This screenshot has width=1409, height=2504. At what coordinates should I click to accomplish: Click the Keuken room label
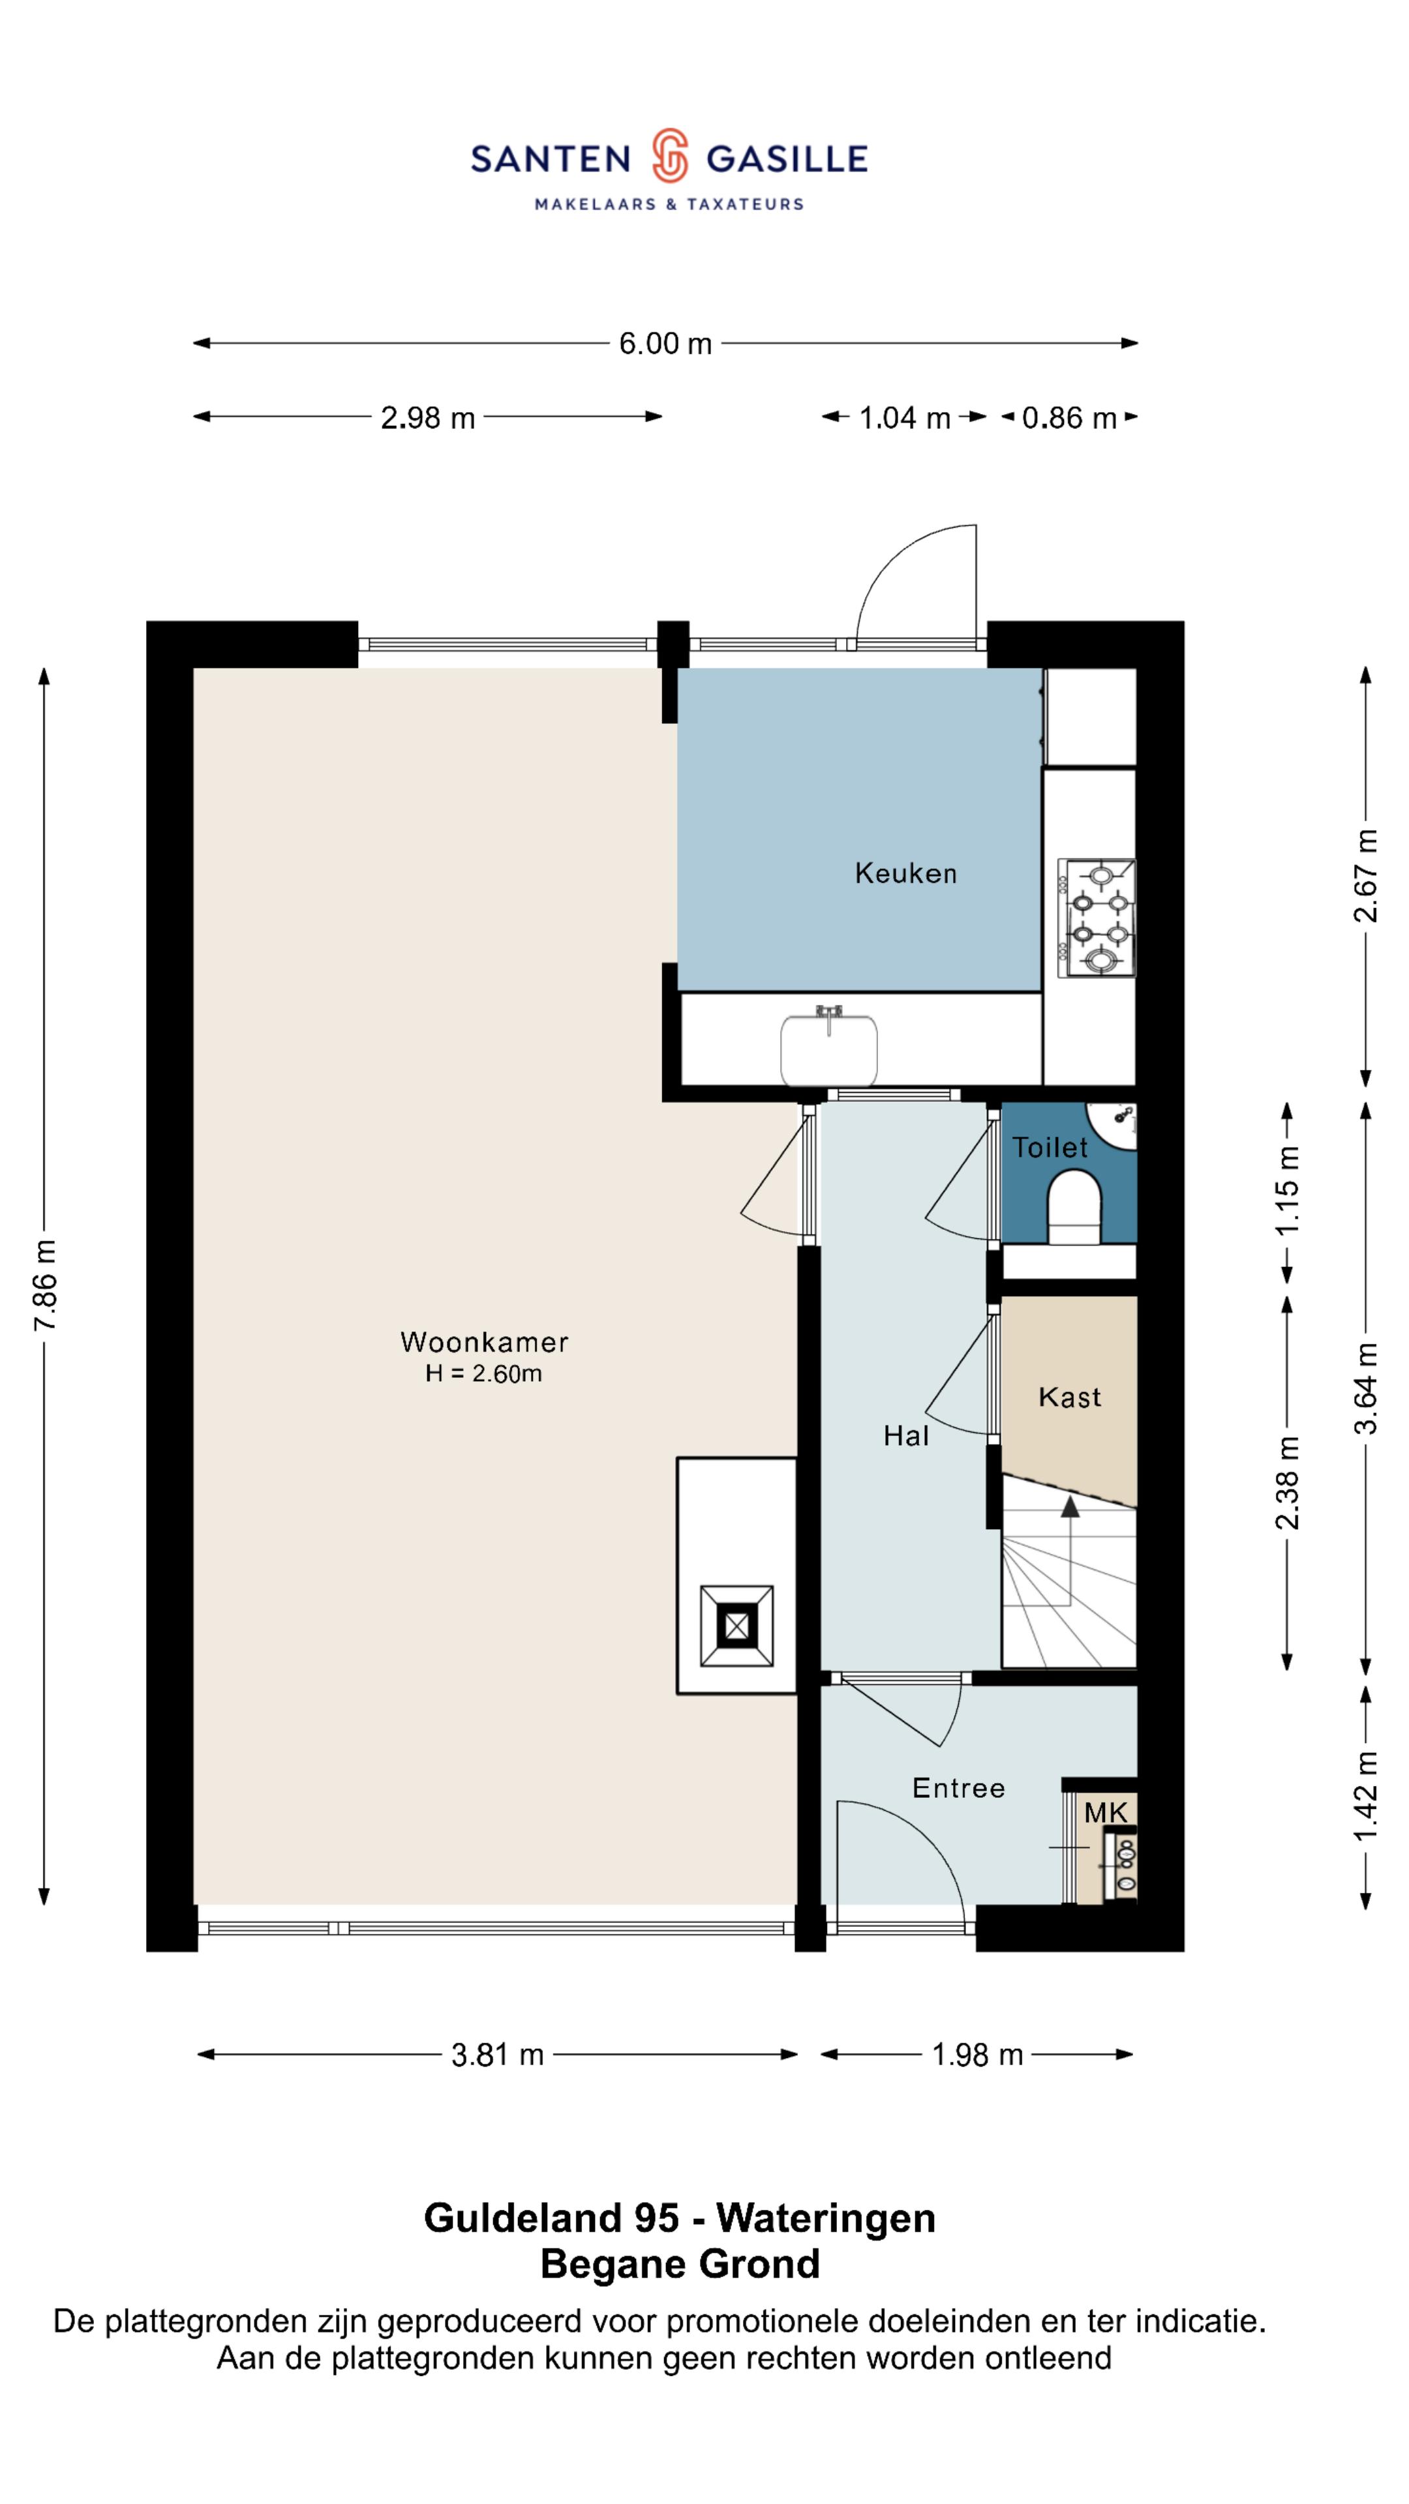click(x=905, y=873)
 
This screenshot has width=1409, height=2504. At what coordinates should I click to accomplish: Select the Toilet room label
click(x=1050, y=1147)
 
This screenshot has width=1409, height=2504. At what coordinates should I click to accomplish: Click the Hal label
click(x=906, y=1436)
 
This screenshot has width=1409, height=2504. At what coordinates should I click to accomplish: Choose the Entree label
click(x=958, y=1787)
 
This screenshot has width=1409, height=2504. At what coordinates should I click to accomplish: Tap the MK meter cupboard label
click(x=1106, y=1812)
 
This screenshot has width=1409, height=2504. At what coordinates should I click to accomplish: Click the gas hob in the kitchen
click(x=1097, y=917)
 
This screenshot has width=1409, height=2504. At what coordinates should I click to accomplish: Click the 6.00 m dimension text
click(x=665, y=343)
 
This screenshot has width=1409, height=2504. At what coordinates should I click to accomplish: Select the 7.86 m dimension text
click(x=45, y=1285)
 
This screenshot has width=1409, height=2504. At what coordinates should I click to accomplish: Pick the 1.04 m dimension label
click(x=904, y=418)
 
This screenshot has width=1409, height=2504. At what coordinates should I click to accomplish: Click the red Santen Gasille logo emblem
click(x=670, y=156)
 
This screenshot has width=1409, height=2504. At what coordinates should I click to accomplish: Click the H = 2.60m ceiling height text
click(x=483, y=1373)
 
